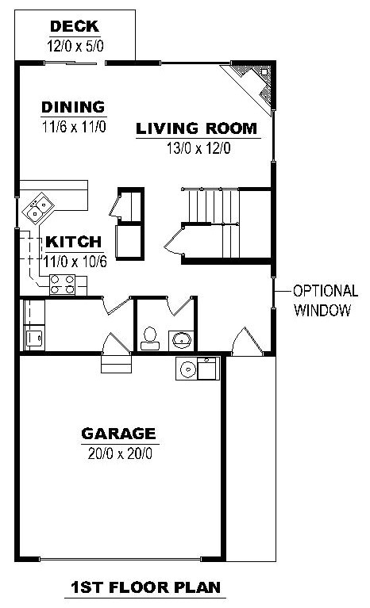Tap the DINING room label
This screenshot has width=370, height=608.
pos(74,107)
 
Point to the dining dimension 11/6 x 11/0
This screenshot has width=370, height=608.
pos(74,126)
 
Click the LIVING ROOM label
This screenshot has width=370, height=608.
pos(196,128)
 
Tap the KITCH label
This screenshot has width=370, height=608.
pos(73,242)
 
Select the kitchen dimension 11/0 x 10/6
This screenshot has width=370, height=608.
pos(75,260)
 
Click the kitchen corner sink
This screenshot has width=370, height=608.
pos(37,208)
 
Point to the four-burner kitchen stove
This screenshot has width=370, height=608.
pos(63,284)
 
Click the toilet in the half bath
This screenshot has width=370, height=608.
pos(148,340)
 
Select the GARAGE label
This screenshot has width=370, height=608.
pos(118,434)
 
